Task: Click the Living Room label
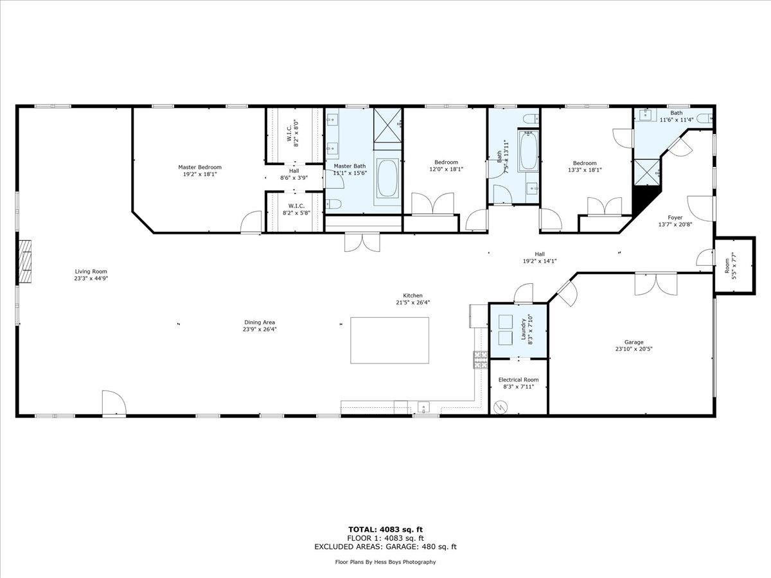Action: pos(91,271)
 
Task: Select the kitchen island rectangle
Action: pos(389,340)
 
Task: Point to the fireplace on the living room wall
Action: pos(24,262)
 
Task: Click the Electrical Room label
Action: pos(518,380)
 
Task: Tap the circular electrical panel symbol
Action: pos(501,407)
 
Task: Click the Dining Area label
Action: pos(260,322)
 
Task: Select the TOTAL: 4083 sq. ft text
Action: pos(385,529)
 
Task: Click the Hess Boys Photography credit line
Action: pos(385,562)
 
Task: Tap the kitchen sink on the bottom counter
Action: pos(424,407)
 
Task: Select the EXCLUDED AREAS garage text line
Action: pos(385,547)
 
